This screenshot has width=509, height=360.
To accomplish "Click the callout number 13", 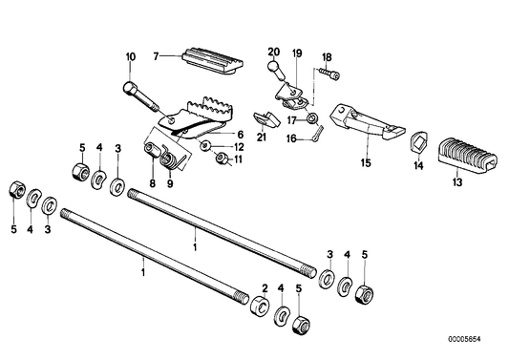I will click(x=456, y=181).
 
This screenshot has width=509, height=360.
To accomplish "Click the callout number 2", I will click(x=265, y=286).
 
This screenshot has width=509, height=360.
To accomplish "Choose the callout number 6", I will click(x=240, y=134).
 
